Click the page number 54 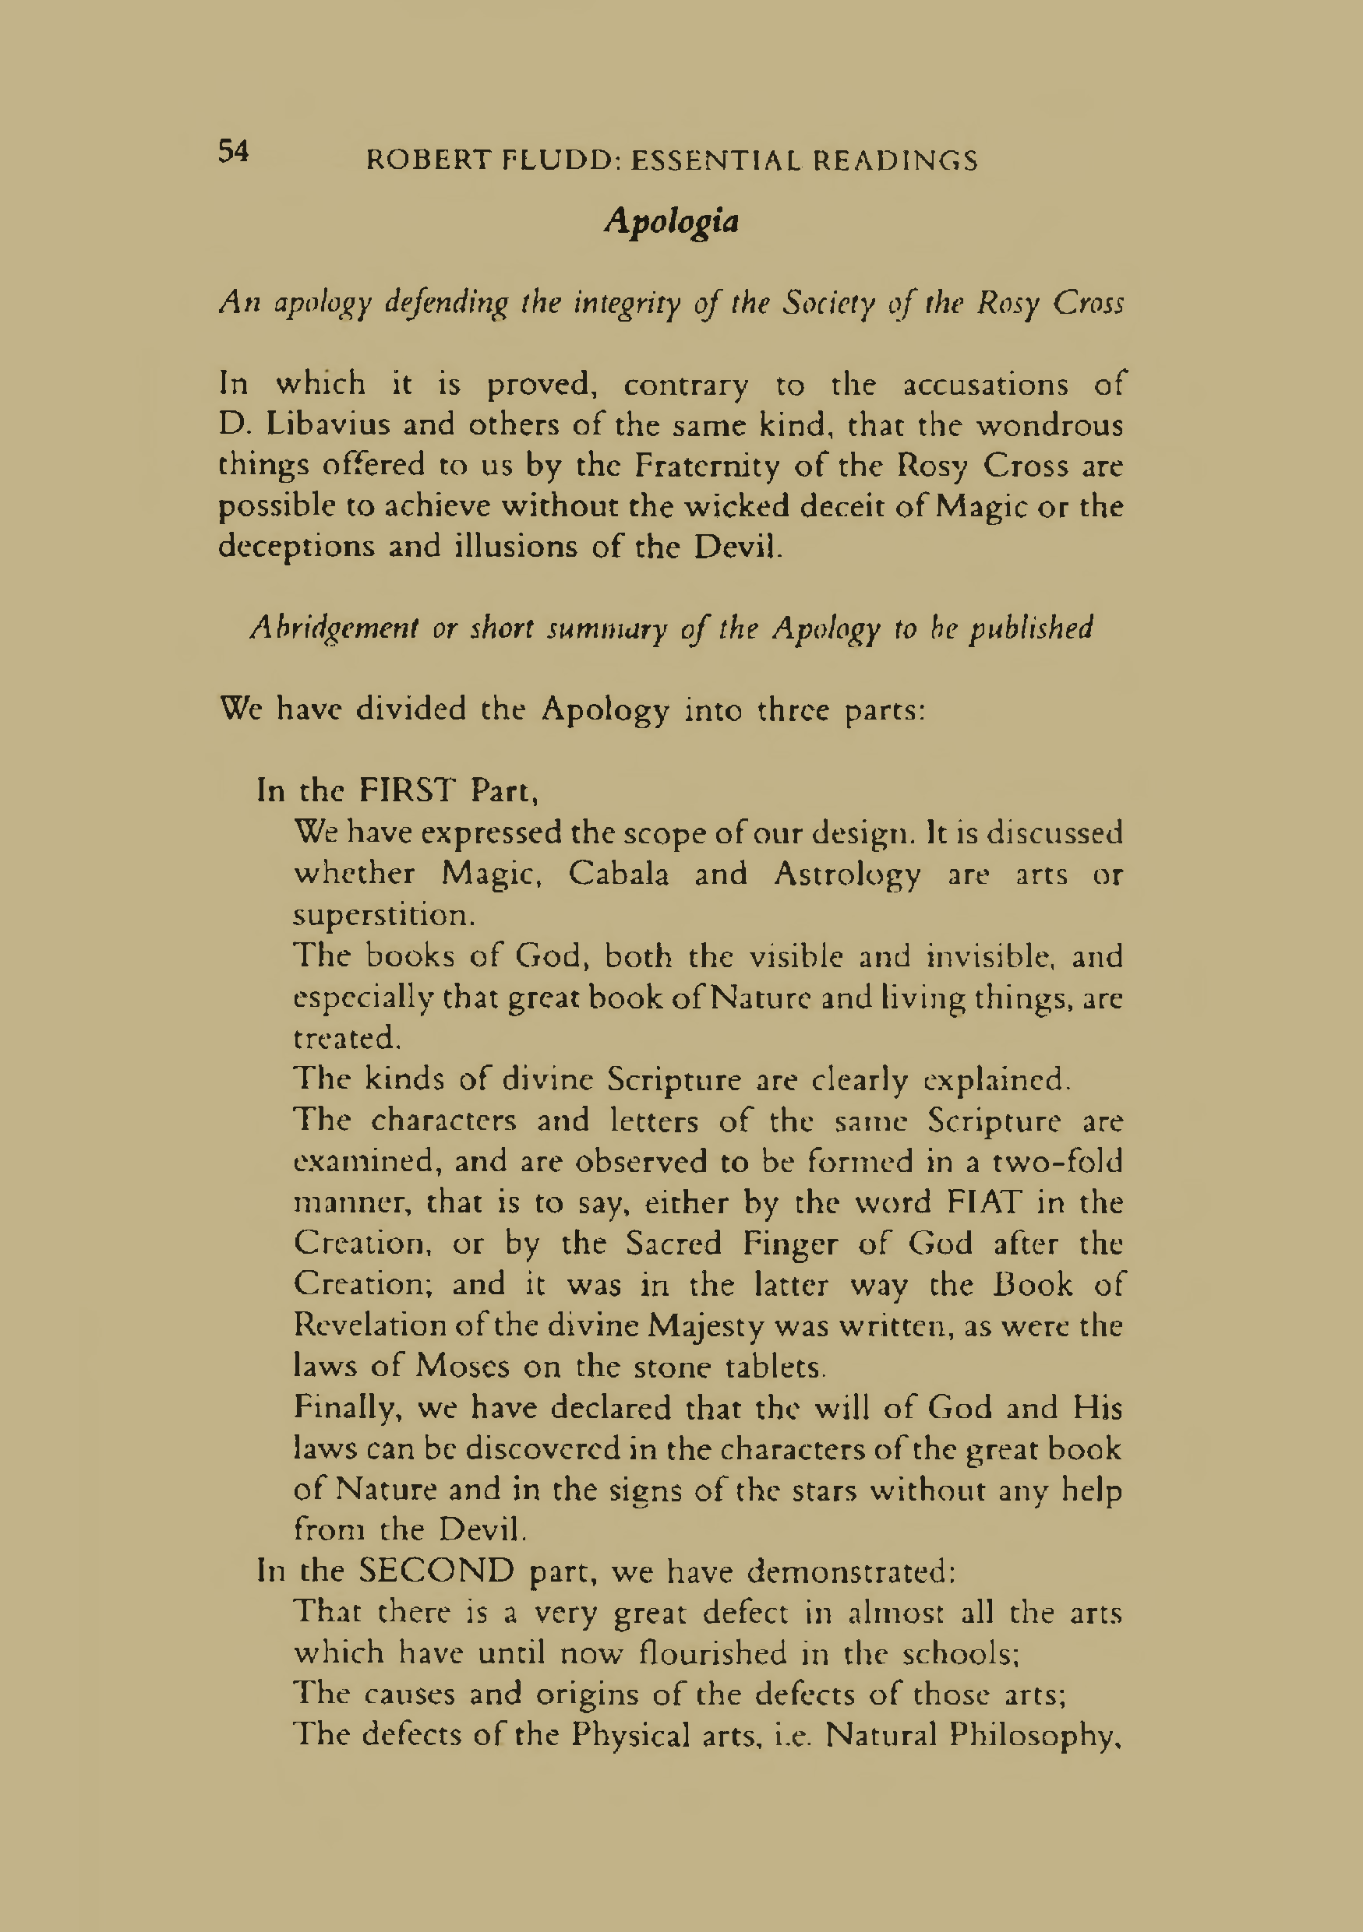[233, 152]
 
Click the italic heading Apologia [671, 221]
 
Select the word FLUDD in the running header [559, 160]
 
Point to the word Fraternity [706, 466]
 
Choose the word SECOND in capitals [436, 1570]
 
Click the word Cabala [619, 874]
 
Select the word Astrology [847, 875]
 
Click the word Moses [462, 1366]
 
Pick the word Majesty [704, 1326]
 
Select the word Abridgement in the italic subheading [334, 628]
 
